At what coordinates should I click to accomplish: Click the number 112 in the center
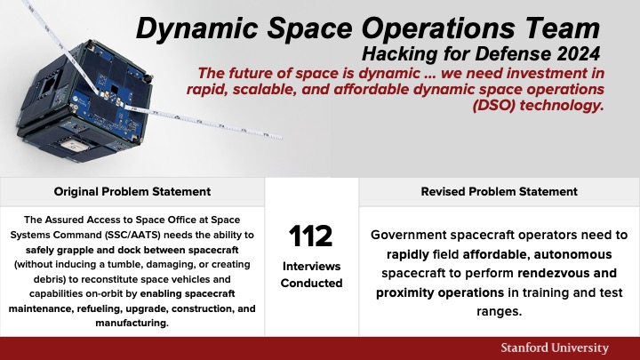[311, 236]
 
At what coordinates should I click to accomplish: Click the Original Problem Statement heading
[132, 191]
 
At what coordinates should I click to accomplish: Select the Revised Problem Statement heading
[499, 191]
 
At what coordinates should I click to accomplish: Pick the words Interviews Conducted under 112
[311, 275]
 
